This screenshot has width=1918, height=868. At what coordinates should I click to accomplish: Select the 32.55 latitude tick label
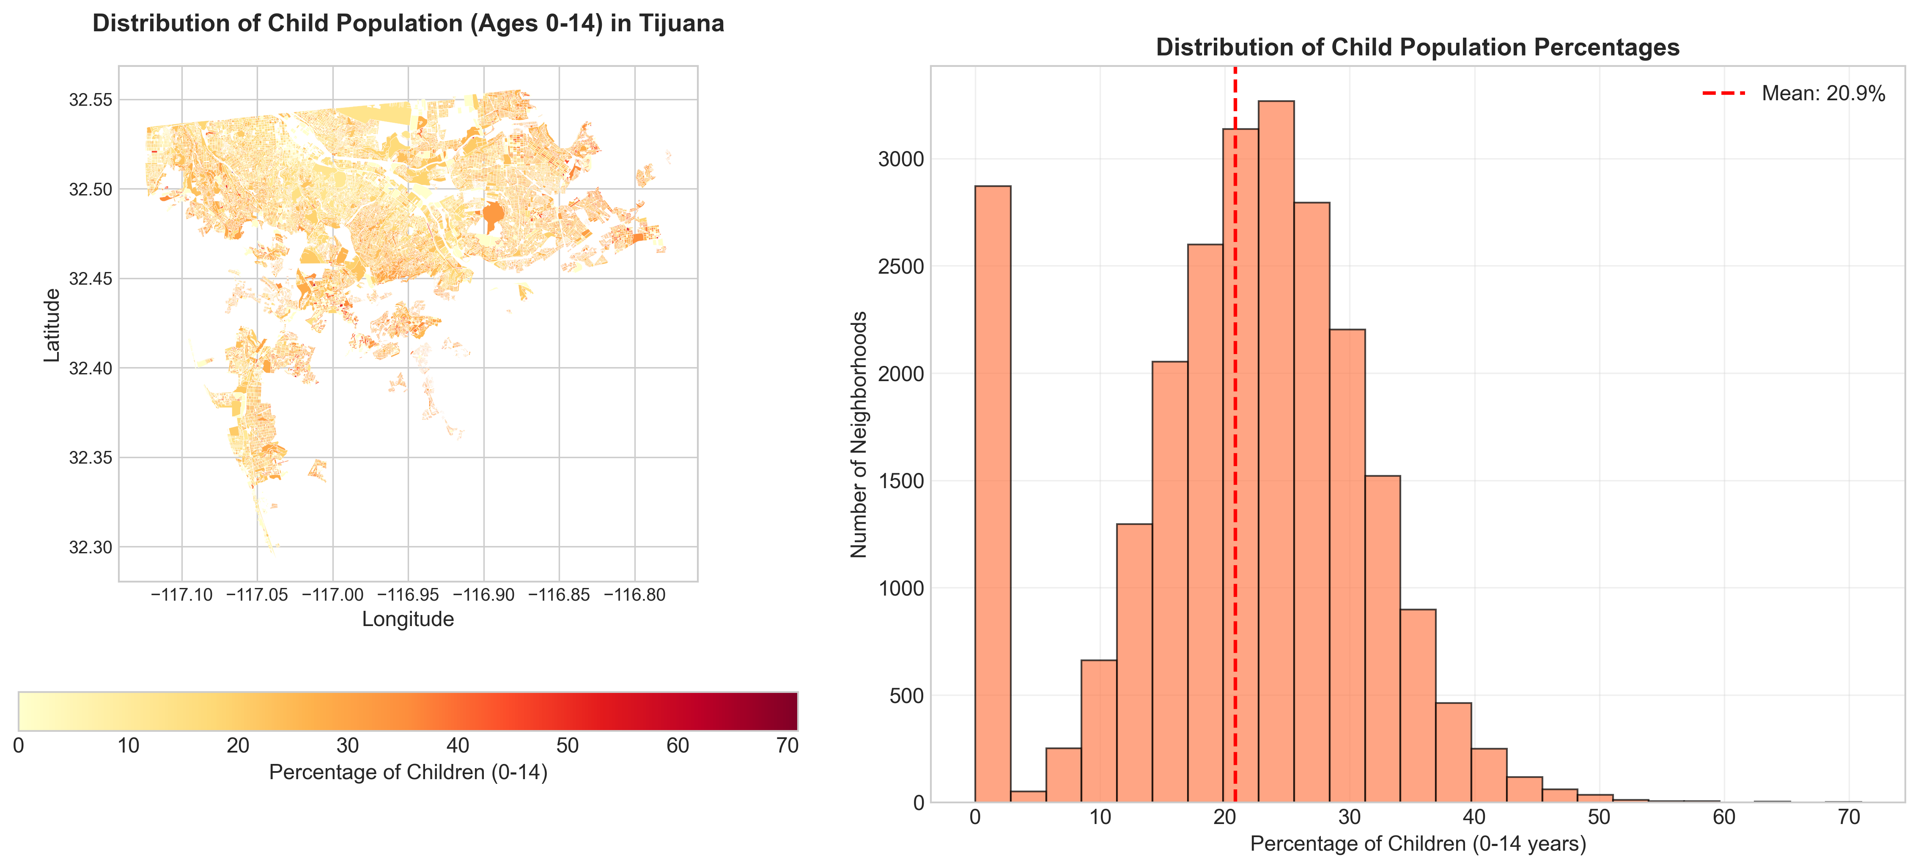point(90,100)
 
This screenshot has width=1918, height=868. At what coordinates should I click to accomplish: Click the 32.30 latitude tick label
point(90,547)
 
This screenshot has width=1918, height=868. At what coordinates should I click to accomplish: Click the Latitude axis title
point(51,325)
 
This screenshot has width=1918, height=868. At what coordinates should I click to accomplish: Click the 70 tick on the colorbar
point(787,746)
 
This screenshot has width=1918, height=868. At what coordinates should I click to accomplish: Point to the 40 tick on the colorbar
point(457,746)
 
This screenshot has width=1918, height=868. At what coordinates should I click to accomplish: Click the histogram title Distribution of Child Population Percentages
point(1417,48)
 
